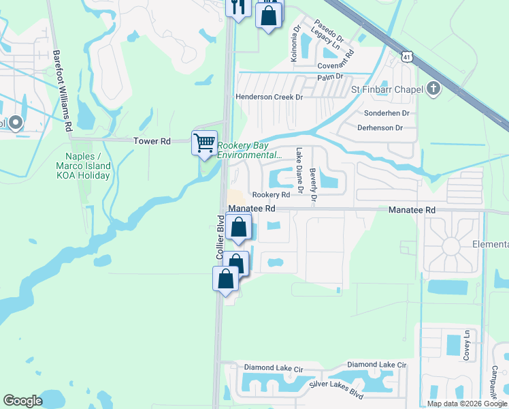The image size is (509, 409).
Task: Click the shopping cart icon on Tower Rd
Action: point(204,143)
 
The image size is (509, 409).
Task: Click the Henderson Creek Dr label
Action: point(269,97)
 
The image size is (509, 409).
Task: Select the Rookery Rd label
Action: point(272,195)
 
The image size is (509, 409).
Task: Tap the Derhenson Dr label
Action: point(380,127)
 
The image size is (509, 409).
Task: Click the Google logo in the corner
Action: point(22,401)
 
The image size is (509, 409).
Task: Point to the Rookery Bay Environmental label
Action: point(249,150)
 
